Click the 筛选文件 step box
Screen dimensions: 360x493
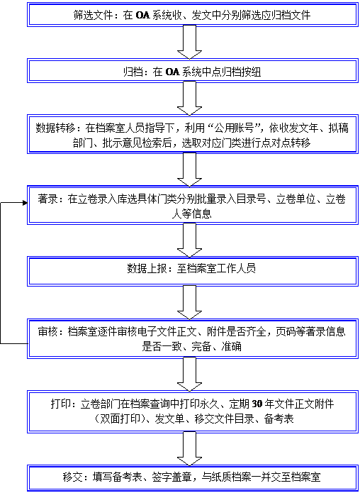point(193,14)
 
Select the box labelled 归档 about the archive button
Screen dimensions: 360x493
point(193,70)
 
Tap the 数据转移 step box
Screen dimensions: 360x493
point(193,133)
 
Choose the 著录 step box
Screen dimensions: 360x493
point(193,205)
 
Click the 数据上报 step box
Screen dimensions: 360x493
point(193,269)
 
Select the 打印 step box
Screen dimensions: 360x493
point(193,411)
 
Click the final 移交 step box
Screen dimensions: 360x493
point(193,478)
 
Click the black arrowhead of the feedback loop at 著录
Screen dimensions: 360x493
point(25,203)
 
